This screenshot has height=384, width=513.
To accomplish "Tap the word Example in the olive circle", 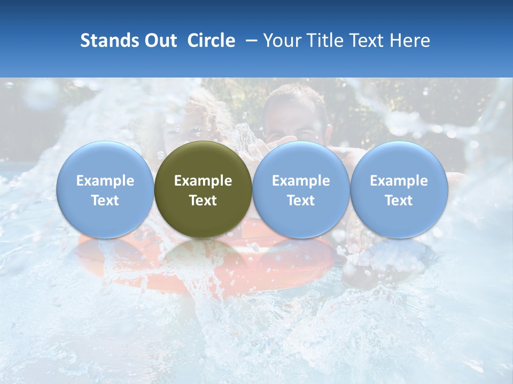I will [203, 181].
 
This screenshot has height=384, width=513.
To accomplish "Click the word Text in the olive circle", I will [203, 201].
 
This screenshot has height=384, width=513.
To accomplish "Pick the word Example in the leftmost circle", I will [105, 181].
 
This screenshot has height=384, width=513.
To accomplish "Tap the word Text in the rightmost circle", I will [399, 201].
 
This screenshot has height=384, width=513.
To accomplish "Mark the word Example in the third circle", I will [301, 181].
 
